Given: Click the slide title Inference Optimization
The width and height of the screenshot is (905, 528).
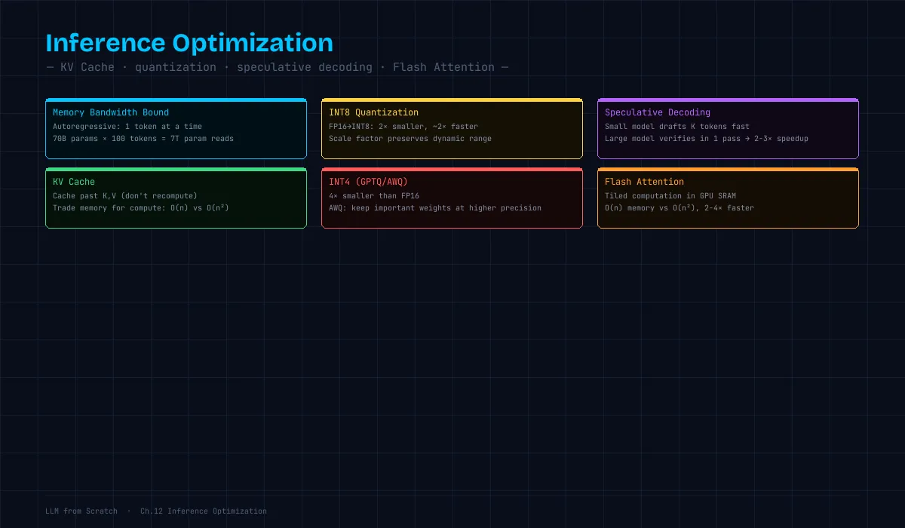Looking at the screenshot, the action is point(189,43).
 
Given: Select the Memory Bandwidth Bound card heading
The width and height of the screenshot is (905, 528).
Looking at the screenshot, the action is point(111,112).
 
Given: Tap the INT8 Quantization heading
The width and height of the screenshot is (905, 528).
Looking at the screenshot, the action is point(373,112).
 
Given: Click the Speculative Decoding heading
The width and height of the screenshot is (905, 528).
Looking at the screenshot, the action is point(658,112).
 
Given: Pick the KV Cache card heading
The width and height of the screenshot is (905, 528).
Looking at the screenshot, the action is point(74,182).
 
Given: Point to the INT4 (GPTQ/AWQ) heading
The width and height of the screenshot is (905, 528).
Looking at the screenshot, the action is point(368,182).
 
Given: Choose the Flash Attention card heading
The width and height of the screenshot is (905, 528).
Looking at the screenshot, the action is point(644,182).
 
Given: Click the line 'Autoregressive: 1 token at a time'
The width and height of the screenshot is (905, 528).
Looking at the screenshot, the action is point(127,127).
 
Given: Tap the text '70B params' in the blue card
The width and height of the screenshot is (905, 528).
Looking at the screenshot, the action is point(75,139).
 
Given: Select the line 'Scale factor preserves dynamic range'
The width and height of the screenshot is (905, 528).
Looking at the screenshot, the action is point(410,139).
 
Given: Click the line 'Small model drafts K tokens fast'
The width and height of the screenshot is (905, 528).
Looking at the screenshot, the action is point(676,127).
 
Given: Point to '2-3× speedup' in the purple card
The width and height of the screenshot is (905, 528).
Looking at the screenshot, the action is point(781,139).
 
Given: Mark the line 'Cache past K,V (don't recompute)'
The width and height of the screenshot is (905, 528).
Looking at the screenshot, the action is point(125,196).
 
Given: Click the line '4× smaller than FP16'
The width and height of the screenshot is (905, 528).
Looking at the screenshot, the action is point(374,196).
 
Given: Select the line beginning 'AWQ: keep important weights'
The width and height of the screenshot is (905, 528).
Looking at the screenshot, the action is point(434,208).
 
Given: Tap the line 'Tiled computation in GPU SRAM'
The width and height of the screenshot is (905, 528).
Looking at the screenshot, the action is point(670,196).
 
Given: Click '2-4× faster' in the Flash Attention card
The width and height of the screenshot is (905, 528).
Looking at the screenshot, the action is point(729,208).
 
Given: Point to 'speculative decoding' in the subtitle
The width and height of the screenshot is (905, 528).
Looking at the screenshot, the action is point(305,67).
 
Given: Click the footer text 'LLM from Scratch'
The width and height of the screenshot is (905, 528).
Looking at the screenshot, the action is point(81,511).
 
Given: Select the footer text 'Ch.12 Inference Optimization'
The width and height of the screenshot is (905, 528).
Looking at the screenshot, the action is point(203,511).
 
